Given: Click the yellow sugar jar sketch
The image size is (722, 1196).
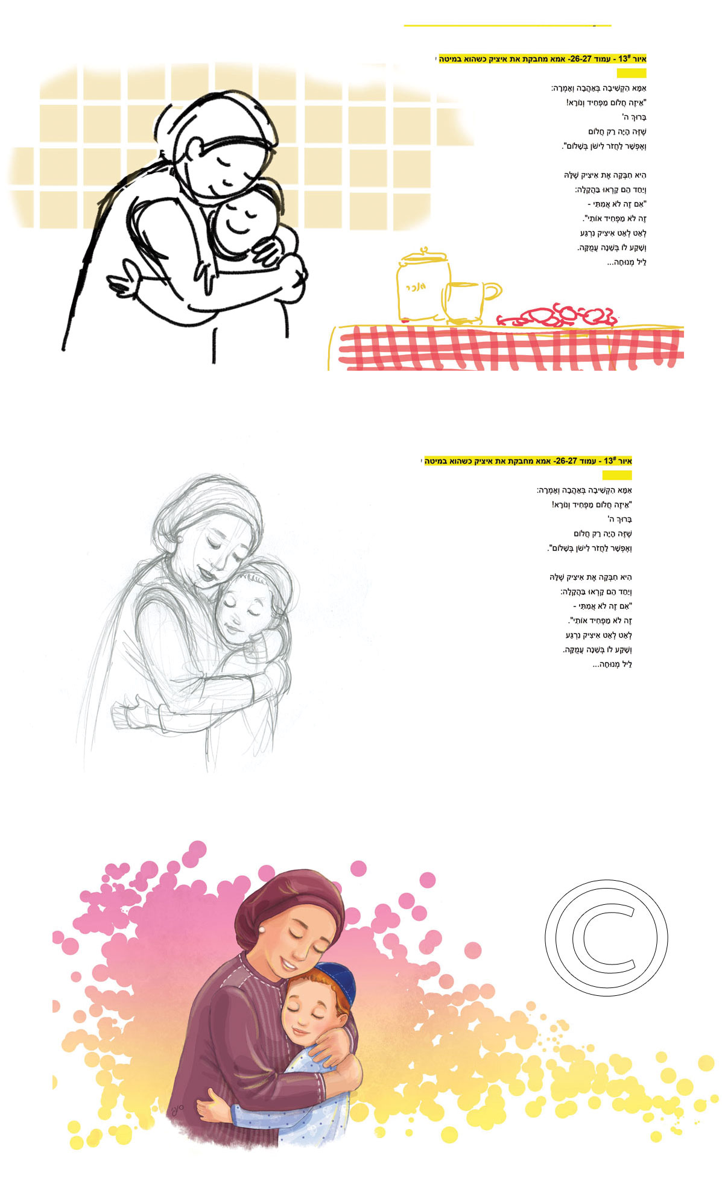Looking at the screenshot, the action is [422, 286].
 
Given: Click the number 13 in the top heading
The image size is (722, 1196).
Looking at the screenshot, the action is [623, 59].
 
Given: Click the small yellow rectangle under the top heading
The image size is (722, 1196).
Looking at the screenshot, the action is [631, 73].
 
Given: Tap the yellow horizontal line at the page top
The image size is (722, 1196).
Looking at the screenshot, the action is [507, 26].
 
